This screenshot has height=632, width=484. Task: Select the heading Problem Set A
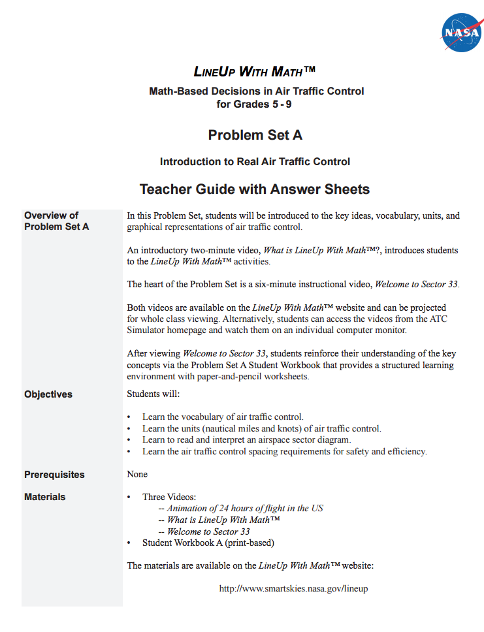(255, 135)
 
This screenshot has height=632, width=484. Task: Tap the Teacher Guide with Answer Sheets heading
(255, 189)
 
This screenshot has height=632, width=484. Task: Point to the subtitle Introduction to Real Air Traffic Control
(255, 161)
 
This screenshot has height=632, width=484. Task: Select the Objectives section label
(48, 394)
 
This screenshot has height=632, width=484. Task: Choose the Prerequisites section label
(54, 475)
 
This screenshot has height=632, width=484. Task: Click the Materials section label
(45, 497)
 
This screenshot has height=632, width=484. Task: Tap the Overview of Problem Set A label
(56, 221)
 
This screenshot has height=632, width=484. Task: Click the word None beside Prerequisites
(137, 474)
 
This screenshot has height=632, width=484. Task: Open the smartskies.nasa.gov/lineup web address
(293, 588)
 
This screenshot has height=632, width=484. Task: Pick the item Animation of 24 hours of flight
(245, 508)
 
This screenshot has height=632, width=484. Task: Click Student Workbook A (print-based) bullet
(208, 543)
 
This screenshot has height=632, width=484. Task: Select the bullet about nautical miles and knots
(261, 428)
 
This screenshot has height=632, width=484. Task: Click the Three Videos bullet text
(169, 497)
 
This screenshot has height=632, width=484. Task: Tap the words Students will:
(153, 394)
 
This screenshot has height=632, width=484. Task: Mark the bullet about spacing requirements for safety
(284, 451)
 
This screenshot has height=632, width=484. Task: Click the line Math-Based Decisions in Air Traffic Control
(257, 91)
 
